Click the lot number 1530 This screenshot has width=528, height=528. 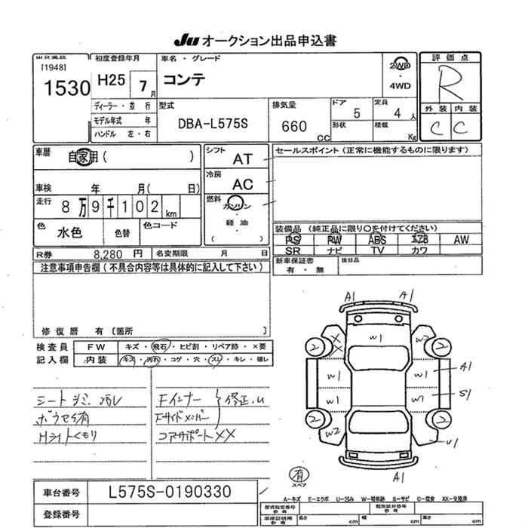coord(67,88)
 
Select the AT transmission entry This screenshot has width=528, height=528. coord(243,159)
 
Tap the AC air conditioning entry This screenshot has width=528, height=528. coord(243,184)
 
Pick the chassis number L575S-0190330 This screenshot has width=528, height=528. coord(170,492)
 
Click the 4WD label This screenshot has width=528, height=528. coord(401,86)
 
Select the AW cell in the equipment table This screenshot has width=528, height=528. coord(460,239)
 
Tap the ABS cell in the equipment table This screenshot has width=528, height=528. coord(377,239)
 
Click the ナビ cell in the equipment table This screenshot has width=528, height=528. coord(335,250)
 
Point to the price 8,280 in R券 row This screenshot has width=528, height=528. coord(109,254)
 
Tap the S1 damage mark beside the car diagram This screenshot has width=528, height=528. coord(465,393)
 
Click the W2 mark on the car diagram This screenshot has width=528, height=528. coord(331,434)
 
